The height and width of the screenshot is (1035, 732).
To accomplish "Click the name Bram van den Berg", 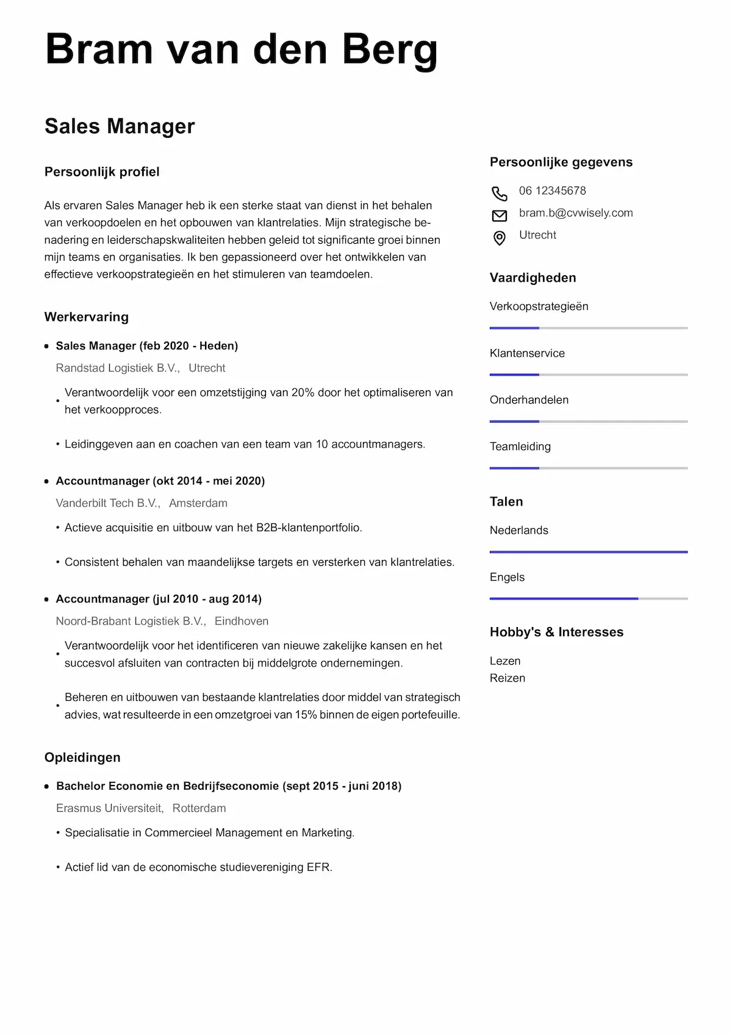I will [241, 49].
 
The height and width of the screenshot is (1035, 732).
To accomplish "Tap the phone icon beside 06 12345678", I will [499, 193].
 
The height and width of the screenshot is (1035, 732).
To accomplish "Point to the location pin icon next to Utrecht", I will [499, 238].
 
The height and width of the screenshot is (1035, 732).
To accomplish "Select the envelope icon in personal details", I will [499, 215].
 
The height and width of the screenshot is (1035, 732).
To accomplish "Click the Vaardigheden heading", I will [533, 278].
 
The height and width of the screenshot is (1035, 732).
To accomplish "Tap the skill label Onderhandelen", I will [529, 400].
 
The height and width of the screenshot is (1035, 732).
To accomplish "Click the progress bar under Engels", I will [588, 599].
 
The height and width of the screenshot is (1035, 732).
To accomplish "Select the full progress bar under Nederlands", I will [588, 552].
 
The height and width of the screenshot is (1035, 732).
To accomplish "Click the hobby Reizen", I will [507, 678].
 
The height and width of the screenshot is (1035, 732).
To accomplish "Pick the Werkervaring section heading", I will [87, 317].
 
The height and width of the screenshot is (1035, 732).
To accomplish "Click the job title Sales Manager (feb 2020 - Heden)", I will [146, 346].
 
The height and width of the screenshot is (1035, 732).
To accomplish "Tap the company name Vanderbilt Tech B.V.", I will [107, 503].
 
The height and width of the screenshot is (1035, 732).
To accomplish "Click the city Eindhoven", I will [242, 621].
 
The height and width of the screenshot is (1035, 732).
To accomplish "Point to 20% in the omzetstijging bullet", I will [303, 393].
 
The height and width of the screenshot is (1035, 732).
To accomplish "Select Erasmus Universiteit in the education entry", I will [110, 808].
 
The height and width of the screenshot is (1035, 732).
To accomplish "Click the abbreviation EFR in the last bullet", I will [319, 867].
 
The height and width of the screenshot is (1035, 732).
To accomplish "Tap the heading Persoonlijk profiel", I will [102, 172].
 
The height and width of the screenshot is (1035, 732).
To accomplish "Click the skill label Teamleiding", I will [520, 446].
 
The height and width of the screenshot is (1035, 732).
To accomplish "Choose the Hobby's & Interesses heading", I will [556, 632].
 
